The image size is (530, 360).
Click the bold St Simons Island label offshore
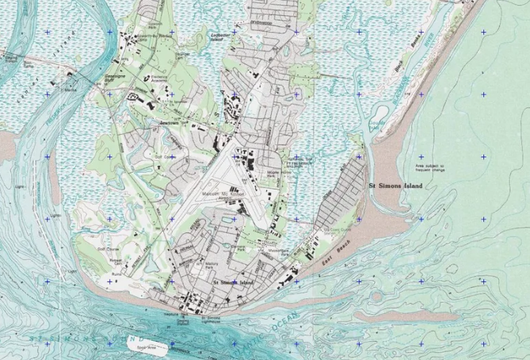396,186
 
